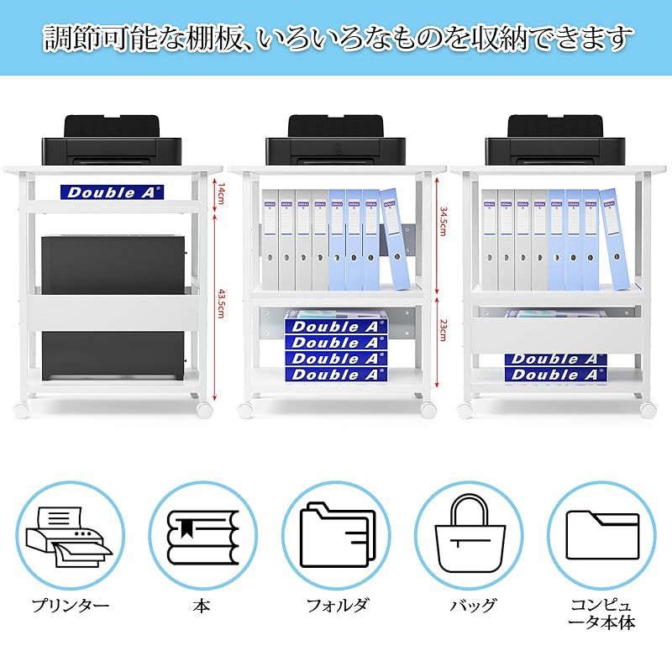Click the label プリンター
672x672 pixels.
tap(71, 605)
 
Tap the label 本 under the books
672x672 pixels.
tap(202, 605)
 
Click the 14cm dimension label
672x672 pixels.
tap(221, 195)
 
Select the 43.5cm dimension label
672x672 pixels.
tap(221, 302)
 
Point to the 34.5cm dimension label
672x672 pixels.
tap(443, 223)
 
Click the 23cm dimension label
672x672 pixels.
tap(443, 330)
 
